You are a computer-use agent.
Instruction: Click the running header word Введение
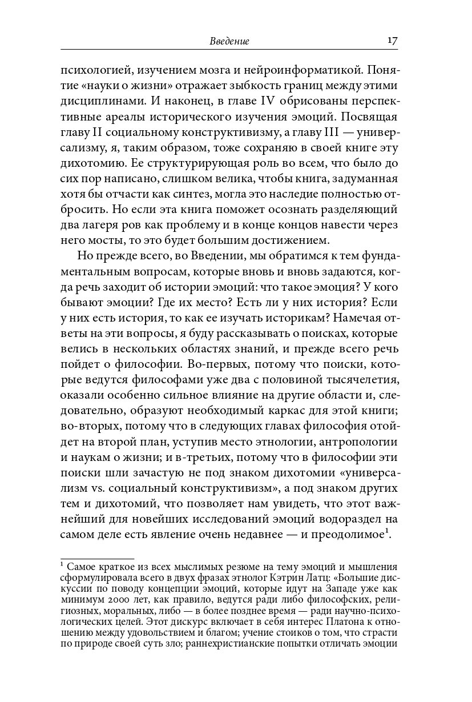230,42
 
